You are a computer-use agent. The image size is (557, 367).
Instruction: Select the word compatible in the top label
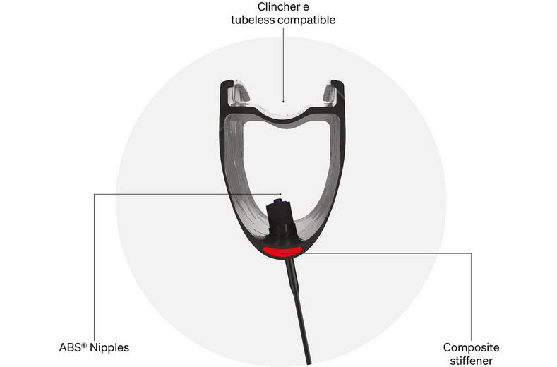[309, 20]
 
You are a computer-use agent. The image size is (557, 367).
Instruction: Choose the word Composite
[472, 347]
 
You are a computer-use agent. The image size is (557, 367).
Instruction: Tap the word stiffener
[472, 360]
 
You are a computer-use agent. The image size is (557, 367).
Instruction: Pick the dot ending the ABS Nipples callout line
[281, 193]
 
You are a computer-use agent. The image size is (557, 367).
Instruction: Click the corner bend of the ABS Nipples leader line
[94, 193]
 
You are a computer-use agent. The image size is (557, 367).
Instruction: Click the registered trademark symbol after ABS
[86, 344]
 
